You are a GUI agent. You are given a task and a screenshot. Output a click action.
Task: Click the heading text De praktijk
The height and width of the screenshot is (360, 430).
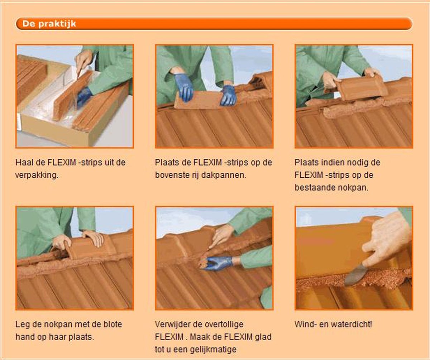click(49, 24)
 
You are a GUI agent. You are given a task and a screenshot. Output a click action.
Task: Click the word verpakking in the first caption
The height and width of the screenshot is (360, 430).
click(37, 175)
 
